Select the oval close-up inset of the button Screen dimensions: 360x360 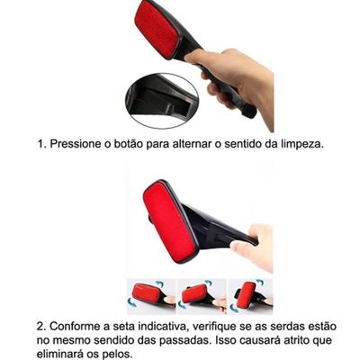[162, 101]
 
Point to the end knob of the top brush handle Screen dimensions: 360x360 [249, 110]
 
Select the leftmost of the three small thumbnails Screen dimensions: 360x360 [151, 296]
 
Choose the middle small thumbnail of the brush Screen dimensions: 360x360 [202, 296]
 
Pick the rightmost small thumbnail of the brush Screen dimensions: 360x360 [251, 296]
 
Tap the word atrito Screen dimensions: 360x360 [293, 340]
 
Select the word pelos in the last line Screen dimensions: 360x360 [116, 355]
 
